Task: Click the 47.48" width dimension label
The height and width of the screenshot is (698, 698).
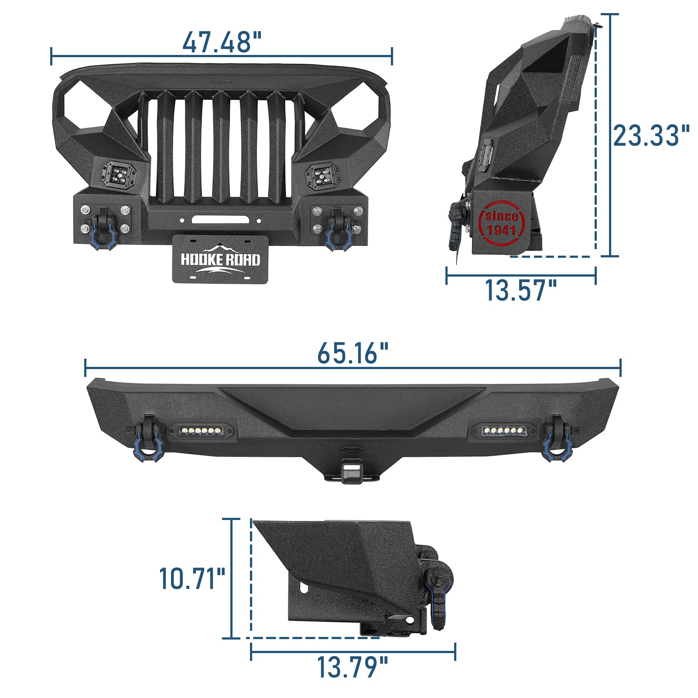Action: pyautogui.click(x=222, y=42)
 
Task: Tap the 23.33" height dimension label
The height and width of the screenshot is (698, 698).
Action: pyautogui.click(x=651, y=135)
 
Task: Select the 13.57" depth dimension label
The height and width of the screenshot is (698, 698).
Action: pyautogui.click(x=521, y=290)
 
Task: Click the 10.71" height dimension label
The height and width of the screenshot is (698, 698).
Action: pyautogui.click(x=192, y=579)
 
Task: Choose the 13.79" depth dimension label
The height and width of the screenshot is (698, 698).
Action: pyautogui.click(x=352, y=667)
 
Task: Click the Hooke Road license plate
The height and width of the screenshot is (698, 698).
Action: pyautogui.click(x=220, y=259)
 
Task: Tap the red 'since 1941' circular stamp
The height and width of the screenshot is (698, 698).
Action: pyautogui.click(x=502, y=223)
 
